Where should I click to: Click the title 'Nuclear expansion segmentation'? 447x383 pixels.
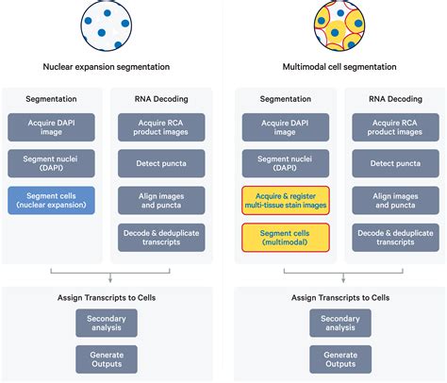(107, 66)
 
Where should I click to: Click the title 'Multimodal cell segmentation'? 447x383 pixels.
(339, 66)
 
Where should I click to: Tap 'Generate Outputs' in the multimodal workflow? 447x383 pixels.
(339, 358)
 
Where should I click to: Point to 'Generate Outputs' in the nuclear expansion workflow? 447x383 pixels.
(107, 358)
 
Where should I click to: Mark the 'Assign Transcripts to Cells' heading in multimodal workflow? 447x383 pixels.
(339, 297)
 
